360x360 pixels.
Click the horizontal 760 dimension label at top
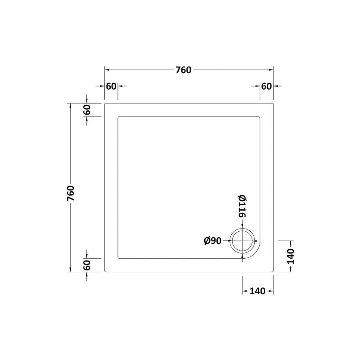tap(183, 70)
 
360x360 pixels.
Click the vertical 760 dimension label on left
tap(71, 193)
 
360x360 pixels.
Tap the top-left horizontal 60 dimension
tap(111, 86)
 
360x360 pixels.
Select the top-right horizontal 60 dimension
tap(266, 86)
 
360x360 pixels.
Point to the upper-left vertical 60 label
tap(87, 110)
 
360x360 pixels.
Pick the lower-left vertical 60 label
tap(87, 265)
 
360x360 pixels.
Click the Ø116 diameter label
tap(242, 206)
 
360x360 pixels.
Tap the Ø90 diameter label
tap(212, 241)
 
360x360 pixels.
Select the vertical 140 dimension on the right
tap(291, 256)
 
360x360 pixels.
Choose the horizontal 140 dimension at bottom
tap(257, 291)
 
